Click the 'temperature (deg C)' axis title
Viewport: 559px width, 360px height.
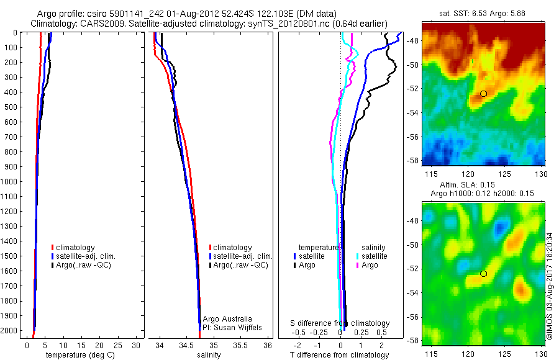[78, 355]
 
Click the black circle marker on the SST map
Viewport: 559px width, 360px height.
[483, 93]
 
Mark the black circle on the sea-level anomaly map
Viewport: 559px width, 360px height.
[483, 274]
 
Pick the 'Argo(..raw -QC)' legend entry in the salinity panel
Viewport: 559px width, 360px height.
[240, 265]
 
